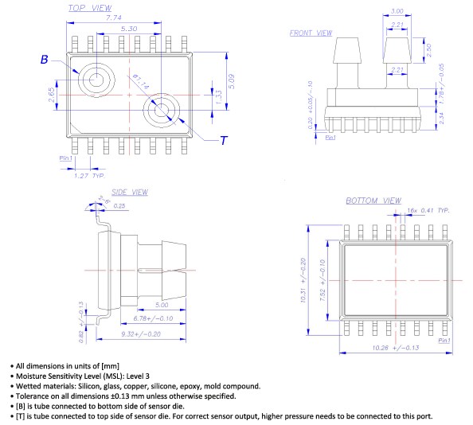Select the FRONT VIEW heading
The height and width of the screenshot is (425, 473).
(310, 33)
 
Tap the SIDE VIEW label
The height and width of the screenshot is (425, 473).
(129, 192)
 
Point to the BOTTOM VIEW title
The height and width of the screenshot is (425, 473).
(373, 201)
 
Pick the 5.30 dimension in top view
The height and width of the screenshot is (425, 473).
(127, 28)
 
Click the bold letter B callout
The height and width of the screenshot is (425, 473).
(45, 60)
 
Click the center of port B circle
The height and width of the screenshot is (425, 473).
(97, 79)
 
